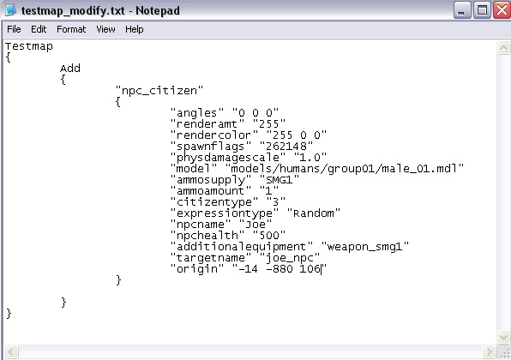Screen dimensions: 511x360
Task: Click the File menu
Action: click(x=14, y=29)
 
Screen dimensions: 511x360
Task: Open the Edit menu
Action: click(x=39, y=29)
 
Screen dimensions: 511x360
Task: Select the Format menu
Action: click(x=71, y=29)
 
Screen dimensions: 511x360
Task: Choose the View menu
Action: click(x=105, y=29)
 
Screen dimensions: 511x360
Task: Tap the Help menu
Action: click(x=135, y=29)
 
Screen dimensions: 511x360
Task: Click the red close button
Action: click(x=502, y=10)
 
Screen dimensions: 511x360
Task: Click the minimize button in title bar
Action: click(x=461, y=10)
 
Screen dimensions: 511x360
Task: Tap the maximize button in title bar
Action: click(x=482, y=10)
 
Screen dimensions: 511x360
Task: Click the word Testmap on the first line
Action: click(x=29, y=46)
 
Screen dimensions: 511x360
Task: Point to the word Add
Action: click(x=70, y=69)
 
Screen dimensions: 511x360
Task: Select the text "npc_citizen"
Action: click(x=159, y=90)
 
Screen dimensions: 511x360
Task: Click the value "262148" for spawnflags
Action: click(x=286, y=146)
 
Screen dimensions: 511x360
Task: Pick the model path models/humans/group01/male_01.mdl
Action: click(x=345, y=169)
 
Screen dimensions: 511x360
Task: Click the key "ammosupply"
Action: click(x=211, y=179)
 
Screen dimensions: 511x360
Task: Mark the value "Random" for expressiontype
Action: click(x=314, y=213)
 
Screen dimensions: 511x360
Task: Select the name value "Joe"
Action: click(x=255, y=225)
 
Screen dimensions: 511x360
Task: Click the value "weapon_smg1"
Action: click(x=365, y=247)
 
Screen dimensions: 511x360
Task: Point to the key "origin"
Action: click(x=197, y=269)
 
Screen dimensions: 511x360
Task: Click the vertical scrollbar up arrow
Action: click(x=503, y=48)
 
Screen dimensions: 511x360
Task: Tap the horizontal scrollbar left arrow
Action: click(x=11, y=351)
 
